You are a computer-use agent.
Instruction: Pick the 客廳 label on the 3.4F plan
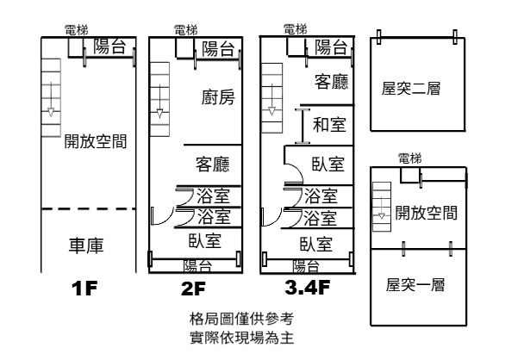click(332, 82)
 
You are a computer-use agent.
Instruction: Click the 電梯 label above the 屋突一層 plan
click(410, 158)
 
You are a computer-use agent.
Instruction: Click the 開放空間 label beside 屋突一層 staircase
click(426, 212)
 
